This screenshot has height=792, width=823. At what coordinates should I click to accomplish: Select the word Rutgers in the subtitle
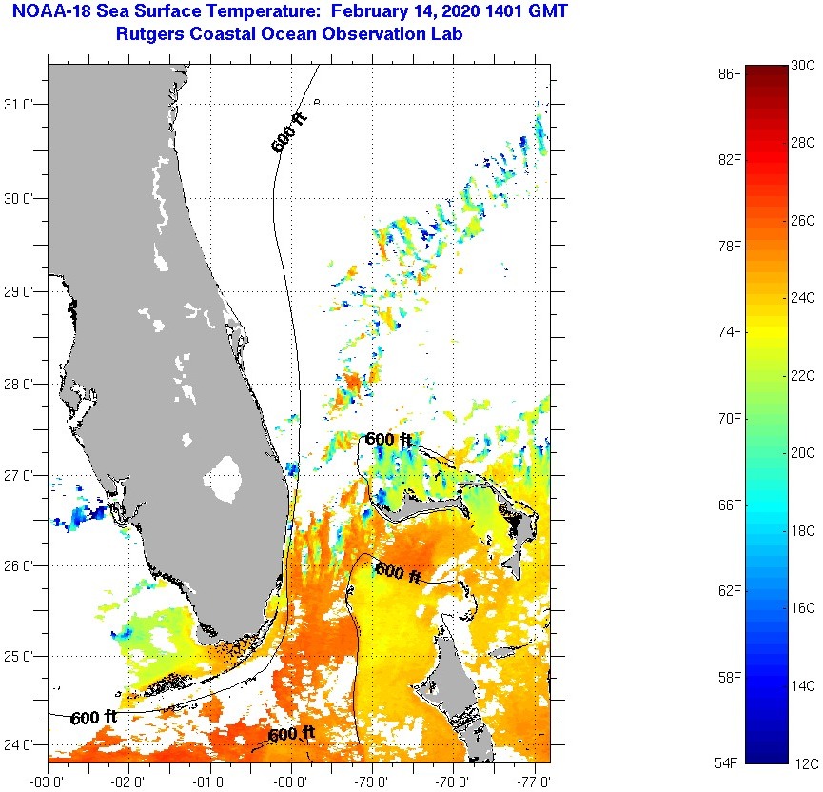click(x=148, y=34)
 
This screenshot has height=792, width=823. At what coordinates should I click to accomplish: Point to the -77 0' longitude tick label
click(x=535, y=781)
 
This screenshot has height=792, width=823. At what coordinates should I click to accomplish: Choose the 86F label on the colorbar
click(x=731, y=73)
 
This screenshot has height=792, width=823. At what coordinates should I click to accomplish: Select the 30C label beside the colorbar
click(x=803, y=66)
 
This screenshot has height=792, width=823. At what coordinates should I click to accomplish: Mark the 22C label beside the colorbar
click(x=803, y=376)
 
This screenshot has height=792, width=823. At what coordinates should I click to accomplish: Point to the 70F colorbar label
click(x=731, y=419)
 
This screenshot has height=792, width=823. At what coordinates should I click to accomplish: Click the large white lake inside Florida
click(x=225, y=479)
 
